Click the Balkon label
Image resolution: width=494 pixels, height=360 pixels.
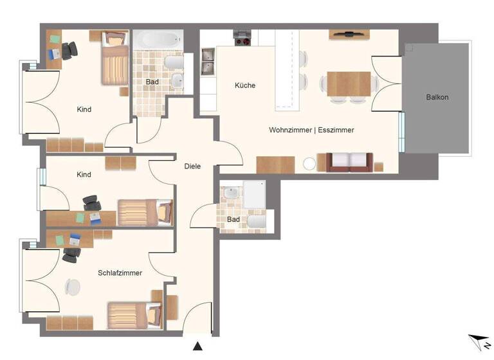pos(437,97)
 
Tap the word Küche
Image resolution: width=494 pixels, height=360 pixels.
pos(245,85)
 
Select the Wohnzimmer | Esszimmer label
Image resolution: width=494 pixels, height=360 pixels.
pos(311,130)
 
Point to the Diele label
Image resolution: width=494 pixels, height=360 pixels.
pos(192,166)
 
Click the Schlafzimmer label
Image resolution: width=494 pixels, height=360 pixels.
pos(120,273)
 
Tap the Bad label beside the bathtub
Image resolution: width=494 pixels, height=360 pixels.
pos(152,82)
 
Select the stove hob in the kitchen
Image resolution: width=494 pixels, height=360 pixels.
pos(242,39)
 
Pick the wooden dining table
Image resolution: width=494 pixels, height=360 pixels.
pos(349,83)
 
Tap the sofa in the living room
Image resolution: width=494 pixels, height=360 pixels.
pos(349,163)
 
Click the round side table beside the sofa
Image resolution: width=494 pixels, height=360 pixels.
pos(311,164)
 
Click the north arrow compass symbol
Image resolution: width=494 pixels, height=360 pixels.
pos(478,341)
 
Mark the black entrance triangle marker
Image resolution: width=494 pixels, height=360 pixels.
pos(198,346)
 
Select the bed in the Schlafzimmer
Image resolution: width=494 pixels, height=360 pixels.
pos(134,315)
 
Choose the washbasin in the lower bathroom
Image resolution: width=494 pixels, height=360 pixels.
pos(230,193)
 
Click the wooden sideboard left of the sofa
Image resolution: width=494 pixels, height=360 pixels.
pos(275,165)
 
